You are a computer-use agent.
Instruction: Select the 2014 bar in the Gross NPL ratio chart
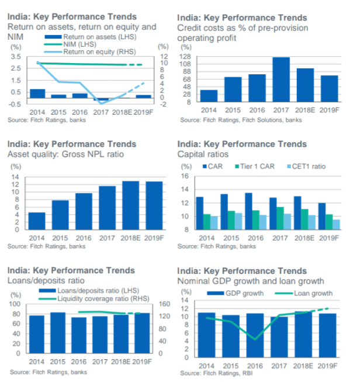[37, 221]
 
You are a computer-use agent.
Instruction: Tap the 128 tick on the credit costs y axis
[186, 57]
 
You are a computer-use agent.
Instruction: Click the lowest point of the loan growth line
[256, 339]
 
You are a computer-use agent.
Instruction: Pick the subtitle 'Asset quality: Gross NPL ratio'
[65, 154]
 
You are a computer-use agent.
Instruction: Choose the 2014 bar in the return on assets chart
[37, 94]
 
